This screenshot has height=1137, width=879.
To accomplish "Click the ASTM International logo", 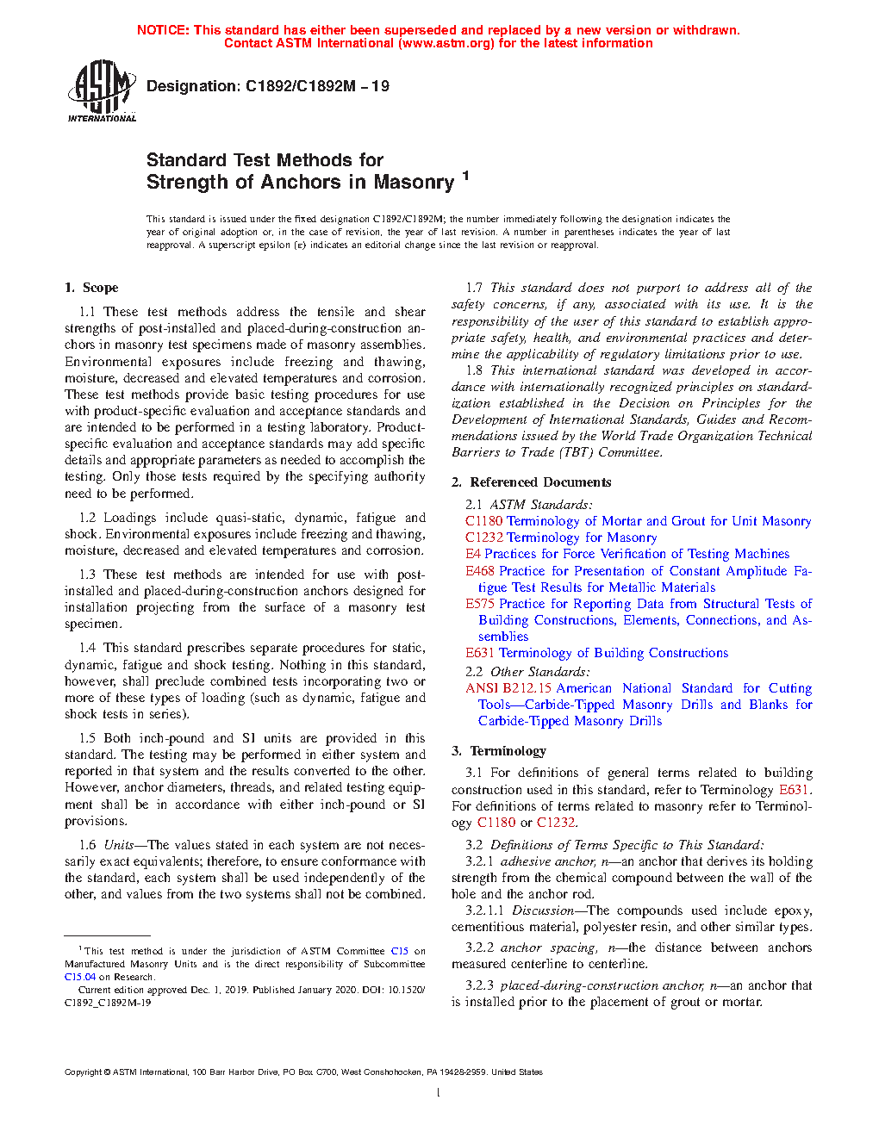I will [x=101, y=90].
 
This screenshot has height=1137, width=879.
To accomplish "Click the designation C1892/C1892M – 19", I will [x=267, y=86].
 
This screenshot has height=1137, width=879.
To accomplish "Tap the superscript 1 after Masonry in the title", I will [x=465, y=176].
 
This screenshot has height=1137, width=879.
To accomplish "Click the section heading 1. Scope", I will [x=91, y=288].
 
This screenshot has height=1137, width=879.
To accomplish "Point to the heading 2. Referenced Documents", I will [x=531, y=482].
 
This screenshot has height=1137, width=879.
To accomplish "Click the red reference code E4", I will [x=473, y=554].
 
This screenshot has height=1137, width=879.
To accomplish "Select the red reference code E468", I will [x=480, y=570].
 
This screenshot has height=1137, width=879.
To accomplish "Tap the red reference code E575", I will [x=480, y=604].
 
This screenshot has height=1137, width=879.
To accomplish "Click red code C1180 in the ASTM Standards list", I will [x=483, y=521].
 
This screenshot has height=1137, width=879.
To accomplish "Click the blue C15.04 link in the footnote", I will [x=80, y=977].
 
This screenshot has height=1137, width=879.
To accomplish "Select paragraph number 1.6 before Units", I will [x=87, y=845].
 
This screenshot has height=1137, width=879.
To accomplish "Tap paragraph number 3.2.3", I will [x=479, y=985].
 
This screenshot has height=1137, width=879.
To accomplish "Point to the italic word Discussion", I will [x=542, y=910].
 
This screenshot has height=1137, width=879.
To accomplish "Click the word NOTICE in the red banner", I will [x=163, y=30].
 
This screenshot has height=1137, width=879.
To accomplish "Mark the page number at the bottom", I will [x=439, y=1093].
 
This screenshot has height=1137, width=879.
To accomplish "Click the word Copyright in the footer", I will [x=83, y=1072].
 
